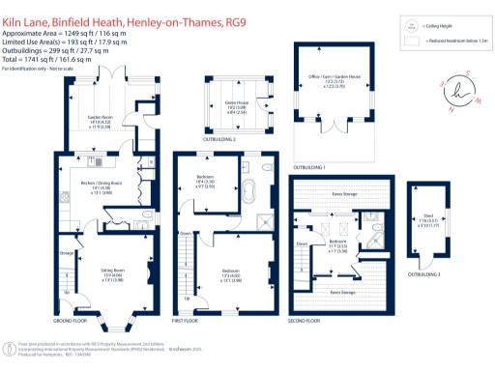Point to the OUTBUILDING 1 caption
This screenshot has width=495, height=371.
[x=338, y=167]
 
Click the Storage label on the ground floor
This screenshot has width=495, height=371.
[x=66, y=253]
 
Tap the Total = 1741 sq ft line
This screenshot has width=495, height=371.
[x=48, y=61]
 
